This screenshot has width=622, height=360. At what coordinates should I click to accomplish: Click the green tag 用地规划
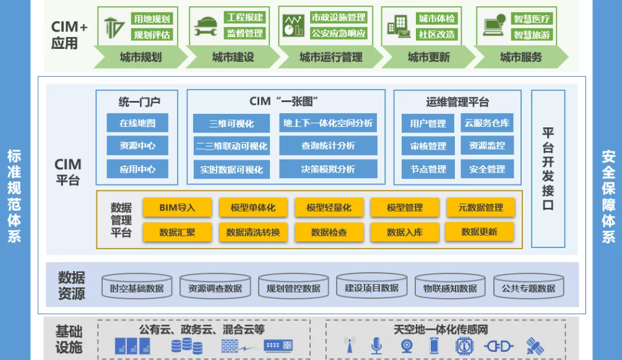tap(152, 19)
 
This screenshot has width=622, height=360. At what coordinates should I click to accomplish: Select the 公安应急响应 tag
tap(339, 33)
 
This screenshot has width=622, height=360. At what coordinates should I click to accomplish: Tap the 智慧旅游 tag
tap(532, 35)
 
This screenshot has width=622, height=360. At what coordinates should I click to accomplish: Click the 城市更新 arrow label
tap(429, 58)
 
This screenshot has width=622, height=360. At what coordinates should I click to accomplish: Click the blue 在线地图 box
tap(137, 123)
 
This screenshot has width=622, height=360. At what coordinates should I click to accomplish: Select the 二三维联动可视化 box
tap(231, 147)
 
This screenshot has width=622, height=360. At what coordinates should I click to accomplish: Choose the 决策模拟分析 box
tap(328, 169)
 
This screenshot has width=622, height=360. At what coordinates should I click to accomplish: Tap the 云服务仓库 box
tap(487, 123)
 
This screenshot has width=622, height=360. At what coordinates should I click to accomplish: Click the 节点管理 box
tap(428, 169)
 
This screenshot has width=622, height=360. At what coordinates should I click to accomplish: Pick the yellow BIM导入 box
tap(177, 208)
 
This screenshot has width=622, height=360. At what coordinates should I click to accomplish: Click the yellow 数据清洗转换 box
tap(253, 233)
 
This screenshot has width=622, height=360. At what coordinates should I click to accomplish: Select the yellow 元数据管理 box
tap(480, 208)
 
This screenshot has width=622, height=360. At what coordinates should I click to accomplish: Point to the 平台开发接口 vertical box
tap(548, 168)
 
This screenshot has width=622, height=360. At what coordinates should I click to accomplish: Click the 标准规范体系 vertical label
tap(14, 195)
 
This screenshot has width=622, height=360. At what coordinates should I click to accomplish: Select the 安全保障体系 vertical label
tap(608, 195)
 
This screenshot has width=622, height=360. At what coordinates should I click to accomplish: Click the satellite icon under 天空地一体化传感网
tap(534, 346)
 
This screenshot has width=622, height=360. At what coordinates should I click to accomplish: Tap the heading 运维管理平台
tap(457, 102)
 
